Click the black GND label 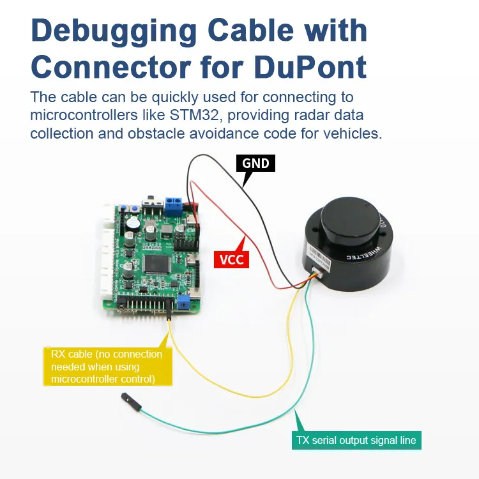255,163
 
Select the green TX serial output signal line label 356,440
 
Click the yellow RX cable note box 107,367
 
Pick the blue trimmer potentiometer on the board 184,300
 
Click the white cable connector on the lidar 317,273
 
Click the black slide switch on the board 151,204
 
